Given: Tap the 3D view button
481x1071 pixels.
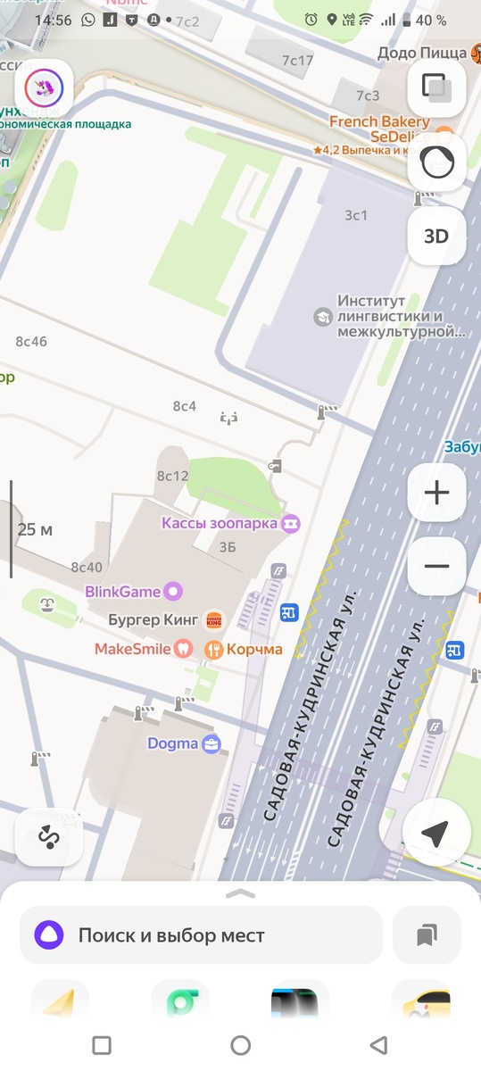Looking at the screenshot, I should (x=435, y=236).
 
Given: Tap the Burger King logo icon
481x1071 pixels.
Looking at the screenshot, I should (x=214, y=619).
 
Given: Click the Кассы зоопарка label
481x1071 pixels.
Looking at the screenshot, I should (x=220, y=523).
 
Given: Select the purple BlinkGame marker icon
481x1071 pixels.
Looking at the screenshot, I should (x=174, y=590).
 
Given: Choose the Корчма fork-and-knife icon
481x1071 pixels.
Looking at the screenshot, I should (x=213, y=650).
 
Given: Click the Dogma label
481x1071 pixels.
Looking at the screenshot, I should (x=172, y=743).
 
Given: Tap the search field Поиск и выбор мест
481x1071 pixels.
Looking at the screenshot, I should (x=202, y=935).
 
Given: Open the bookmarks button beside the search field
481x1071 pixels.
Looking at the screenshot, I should (x=427, y=935).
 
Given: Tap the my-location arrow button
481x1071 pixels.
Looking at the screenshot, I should (x=435, y=834).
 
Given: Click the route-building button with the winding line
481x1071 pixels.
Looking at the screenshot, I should (x=48, y=837).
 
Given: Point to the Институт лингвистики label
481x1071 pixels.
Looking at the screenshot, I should (x=401, y=316).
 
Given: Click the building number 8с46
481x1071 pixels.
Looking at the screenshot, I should (x=31, y=341).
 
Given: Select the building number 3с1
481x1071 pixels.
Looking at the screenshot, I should (x=356, y=215).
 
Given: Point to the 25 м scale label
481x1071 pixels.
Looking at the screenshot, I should (x=35, y=529).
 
